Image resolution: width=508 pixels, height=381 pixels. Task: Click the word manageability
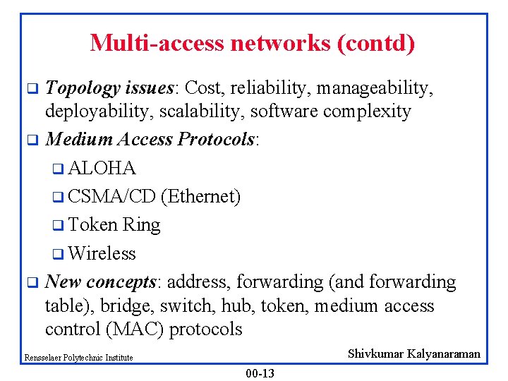point(375,88)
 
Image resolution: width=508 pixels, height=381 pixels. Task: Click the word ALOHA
point(102,169)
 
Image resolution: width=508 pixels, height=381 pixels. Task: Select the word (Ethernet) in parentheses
point(200,197)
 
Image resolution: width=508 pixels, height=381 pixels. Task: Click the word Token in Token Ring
point(93,225)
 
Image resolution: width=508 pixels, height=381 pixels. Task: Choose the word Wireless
point(102,253)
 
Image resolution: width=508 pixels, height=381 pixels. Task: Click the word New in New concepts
point(63,282)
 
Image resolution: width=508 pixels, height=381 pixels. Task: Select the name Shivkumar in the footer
point(382,354)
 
